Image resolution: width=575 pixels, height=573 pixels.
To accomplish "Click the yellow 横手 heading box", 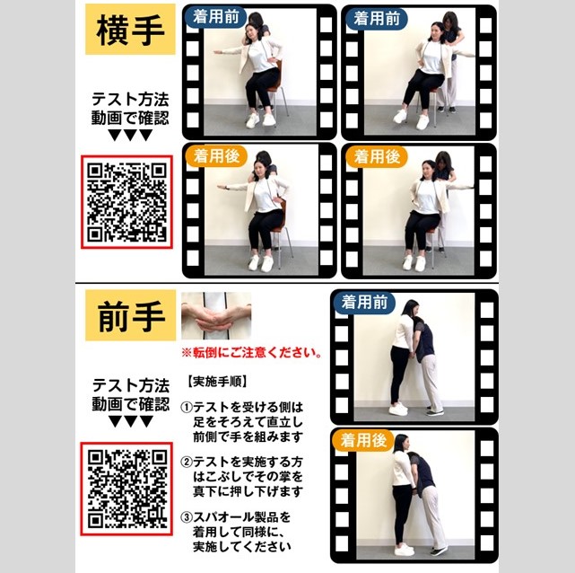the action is (x=130, y=30).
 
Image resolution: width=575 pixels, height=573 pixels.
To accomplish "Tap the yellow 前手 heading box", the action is (x=130, y=315).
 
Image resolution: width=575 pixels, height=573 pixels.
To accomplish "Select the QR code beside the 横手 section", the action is (x=126, y=202).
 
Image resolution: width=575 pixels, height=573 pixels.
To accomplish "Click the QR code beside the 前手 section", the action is (x=126, y=489).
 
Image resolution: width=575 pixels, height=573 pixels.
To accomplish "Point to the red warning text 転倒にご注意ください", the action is (x=252, y=353).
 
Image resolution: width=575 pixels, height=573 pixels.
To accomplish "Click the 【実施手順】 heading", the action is (x=218, y=382).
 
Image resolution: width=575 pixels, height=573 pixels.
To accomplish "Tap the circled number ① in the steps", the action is (x=187, y=408).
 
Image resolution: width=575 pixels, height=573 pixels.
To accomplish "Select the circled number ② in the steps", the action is (x=187, y=462).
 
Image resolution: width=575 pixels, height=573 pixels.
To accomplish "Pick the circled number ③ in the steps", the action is (x=187, y=517).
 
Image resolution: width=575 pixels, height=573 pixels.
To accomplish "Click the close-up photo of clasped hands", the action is (x=216, y=315).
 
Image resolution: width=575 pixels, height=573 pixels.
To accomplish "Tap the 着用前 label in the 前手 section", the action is (x=364, y=303).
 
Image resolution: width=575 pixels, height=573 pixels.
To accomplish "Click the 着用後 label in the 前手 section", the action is (x=363, y=440).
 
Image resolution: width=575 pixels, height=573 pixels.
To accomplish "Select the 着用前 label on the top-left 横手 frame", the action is (x=216, y=17).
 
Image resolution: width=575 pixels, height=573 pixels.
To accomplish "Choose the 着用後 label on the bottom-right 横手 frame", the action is (x=377, y=157).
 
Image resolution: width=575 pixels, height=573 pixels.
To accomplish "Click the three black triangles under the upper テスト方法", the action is (x=131, y=136).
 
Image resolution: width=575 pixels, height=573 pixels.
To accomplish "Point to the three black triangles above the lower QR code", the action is (x=131, y=421).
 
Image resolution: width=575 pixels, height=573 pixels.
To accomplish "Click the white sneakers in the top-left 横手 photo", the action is (x=260, y=120).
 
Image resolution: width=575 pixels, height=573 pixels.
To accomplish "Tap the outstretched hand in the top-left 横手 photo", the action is (x=218, y=52).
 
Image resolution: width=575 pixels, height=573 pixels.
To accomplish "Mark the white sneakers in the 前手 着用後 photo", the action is (x=404, y=550).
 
